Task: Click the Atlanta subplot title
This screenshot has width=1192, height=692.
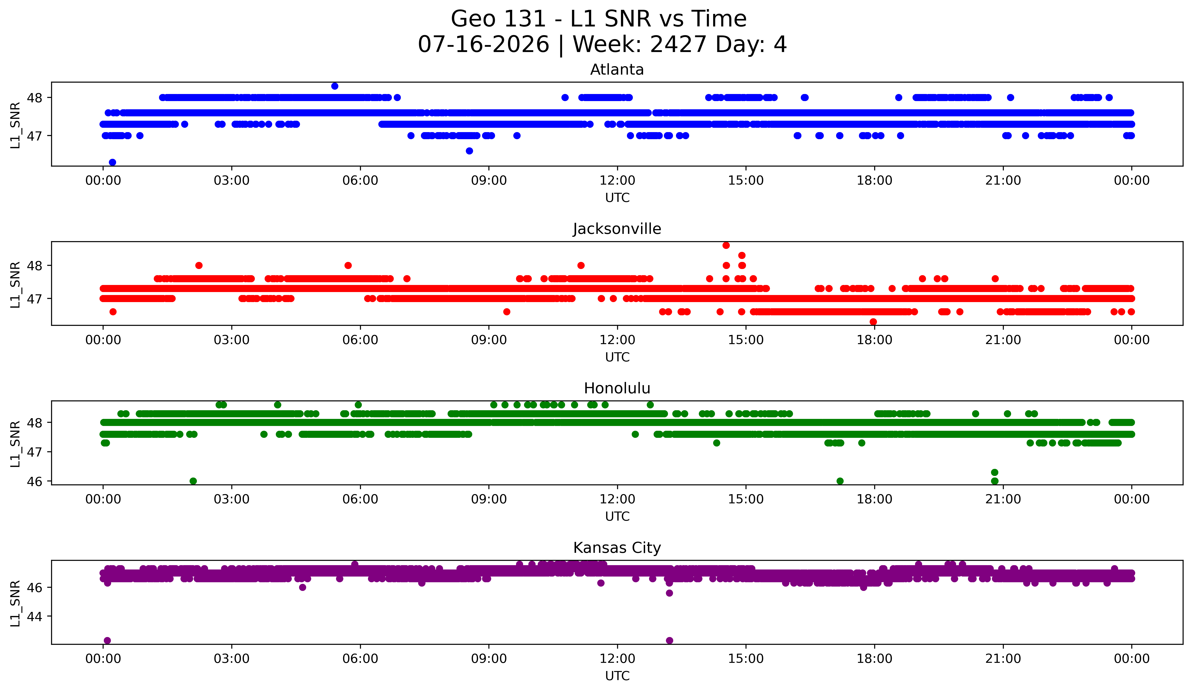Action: pyautogui.click(x=617, y=70)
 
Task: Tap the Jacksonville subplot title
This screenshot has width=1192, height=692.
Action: pyautogui.click(x=617, y=229)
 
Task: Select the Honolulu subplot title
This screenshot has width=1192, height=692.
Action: pyautogui.click(x=617, y=388)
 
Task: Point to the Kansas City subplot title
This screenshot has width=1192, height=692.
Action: pyautogui.click(x=617, y=548)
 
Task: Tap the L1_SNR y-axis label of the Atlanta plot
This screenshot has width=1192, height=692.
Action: pyautogui.click(x=15, y=125)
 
